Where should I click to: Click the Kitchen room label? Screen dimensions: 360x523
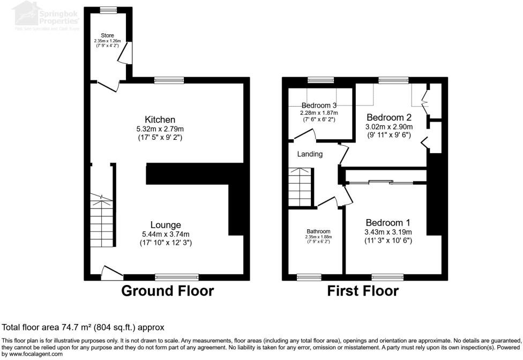point(160,119)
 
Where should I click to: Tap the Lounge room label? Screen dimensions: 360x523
point(166,225)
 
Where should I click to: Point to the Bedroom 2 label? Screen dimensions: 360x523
point(388,117)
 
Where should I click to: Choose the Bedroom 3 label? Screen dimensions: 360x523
point(319,105)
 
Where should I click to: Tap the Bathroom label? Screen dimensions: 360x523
point(318,231)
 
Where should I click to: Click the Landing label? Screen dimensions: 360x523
point(310,154)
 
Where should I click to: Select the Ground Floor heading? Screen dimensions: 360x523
point(167,291)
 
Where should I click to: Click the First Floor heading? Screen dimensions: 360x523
point(363,291)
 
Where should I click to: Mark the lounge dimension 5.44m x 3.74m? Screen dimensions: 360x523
point(166,234)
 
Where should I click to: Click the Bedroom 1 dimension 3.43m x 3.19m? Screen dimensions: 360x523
point(388,232)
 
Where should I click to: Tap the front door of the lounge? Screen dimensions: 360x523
point(111,273)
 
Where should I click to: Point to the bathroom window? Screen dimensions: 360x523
point(309,277)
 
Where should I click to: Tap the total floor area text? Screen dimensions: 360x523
point(83,327)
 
